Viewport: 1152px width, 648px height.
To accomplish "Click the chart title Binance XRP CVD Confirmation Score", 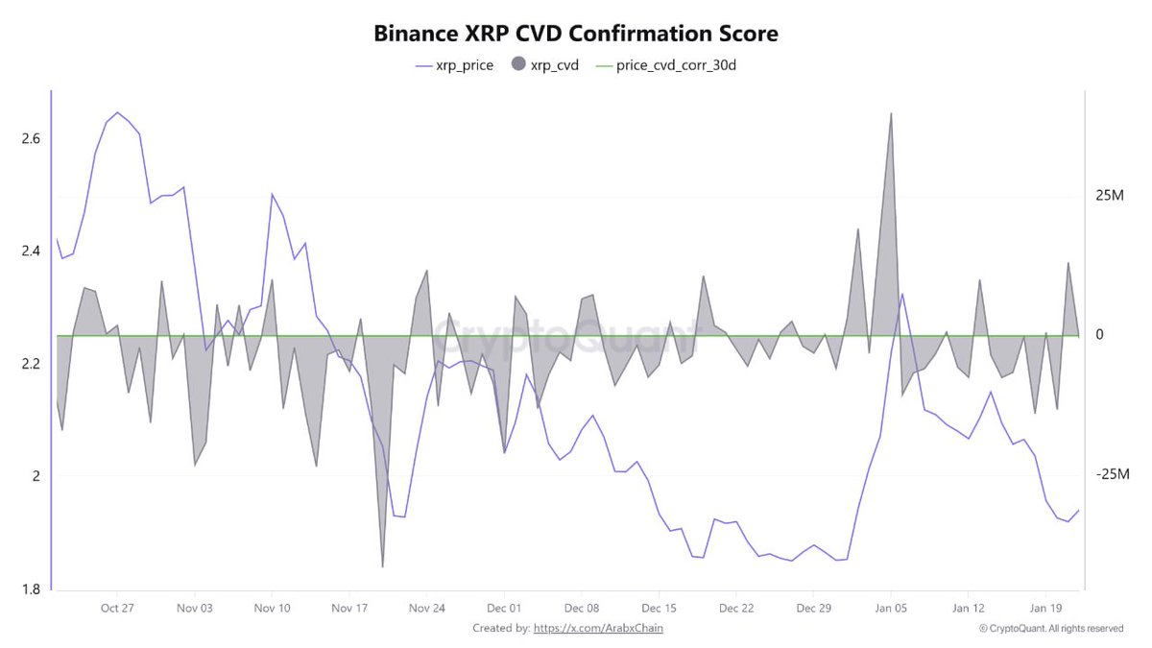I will (575, 34).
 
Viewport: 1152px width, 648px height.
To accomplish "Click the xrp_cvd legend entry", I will (545, 66).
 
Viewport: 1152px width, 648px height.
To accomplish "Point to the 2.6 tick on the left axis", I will (31, 138).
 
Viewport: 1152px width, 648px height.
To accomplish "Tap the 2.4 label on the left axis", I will (31, 251).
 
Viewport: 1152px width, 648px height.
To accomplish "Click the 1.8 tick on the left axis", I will (31, 588).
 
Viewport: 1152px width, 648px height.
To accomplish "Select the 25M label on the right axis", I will (1109, 196).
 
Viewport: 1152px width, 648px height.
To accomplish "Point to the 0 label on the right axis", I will (1100, 335).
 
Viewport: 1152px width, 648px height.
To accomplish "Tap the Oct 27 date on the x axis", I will (116, 608).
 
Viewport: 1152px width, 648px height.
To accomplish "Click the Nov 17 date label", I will (349, 608).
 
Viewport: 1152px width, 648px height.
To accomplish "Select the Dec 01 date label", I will (503, 608).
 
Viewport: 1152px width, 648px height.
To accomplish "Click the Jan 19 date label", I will (1045, 608).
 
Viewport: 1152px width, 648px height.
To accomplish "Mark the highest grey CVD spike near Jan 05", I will (891, 113).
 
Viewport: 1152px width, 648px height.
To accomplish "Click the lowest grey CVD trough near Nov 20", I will (383, 566).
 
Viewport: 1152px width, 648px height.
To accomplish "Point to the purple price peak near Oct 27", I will (117, 112).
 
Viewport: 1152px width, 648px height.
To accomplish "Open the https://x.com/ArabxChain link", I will (598, 628).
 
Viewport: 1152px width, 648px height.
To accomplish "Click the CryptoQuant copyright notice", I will (1050, 629).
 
